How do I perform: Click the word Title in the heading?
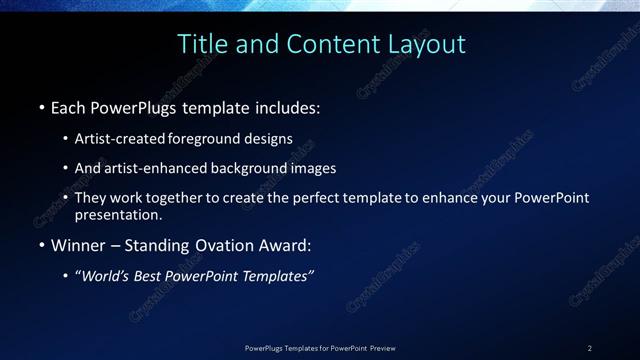[201, 44]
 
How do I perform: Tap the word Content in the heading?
[329, 44]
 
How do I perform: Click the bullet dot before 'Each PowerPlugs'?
[41, 107]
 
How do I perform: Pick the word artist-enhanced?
[153, 168]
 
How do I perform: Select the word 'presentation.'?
[117, 214]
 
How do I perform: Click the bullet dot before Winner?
[41, 244]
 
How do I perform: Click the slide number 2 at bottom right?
[589, 347]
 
